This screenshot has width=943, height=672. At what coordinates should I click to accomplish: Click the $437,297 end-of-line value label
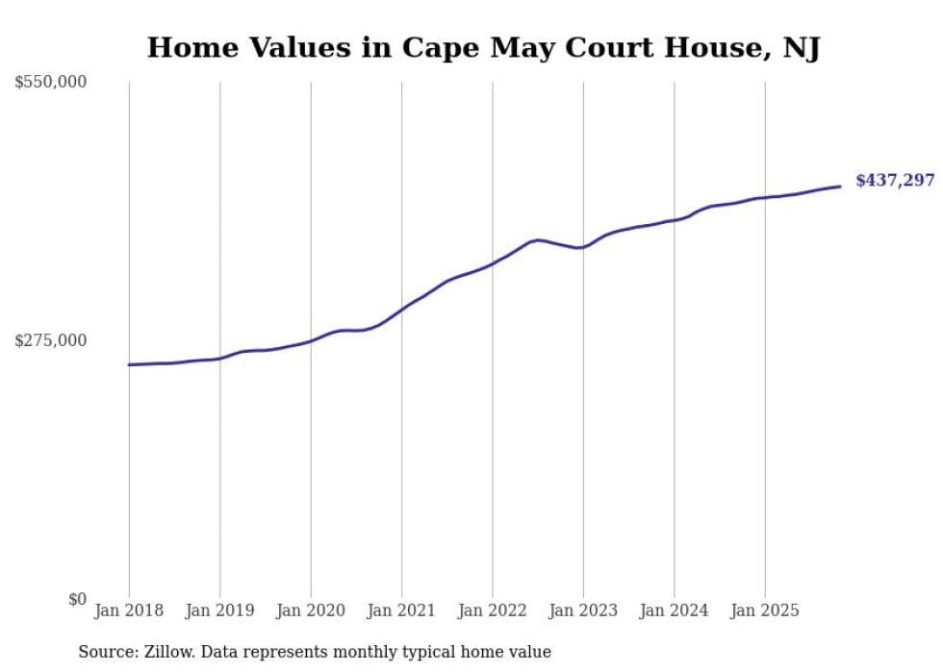tap(894, 180)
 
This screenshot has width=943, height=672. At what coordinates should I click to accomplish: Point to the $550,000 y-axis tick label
tap(50, 83)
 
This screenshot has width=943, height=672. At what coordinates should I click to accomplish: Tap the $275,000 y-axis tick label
tap(50, 340)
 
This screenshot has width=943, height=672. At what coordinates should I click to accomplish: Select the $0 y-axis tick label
tap(77, 599)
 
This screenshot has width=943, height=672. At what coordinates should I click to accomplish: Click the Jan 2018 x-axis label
tap(129, 610)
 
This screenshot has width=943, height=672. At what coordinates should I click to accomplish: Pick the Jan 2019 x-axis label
tap(219, 610)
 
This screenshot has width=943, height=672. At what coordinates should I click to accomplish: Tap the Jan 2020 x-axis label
tap(311, 610)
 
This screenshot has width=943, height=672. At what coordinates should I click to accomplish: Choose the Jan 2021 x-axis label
tap(401, 610)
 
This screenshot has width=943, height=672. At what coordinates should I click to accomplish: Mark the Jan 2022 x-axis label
tap(493, 610)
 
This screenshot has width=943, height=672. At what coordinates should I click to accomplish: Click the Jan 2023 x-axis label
tap(583, 610)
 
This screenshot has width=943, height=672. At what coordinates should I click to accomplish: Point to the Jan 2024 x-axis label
tap(675, 610)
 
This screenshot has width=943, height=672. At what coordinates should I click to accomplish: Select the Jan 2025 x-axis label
tap(765, 610)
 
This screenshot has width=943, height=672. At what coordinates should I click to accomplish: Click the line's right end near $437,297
tap(840, 187)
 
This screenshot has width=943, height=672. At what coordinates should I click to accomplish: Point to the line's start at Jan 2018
tap(129, 364)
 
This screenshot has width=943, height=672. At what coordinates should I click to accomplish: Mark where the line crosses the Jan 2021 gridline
tap(401, 309)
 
